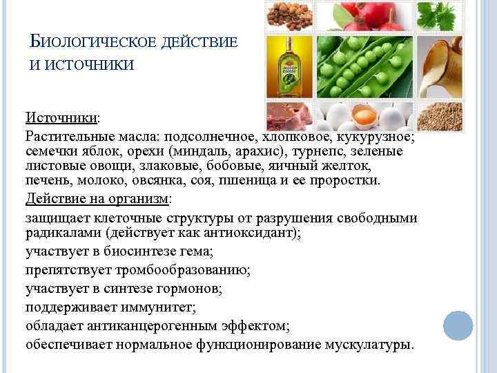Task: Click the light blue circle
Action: coord(457,325)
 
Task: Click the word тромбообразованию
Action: coord(182,269)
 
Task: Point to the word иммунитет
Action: coord(155,307)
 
